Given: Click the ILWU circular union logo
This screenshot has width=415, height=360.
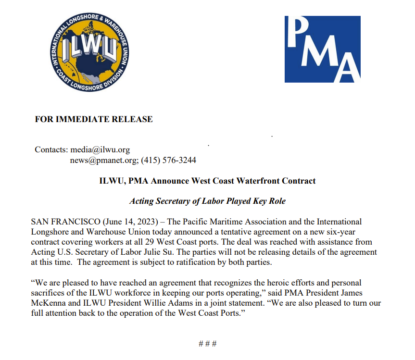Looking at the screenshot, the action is coord(88,50).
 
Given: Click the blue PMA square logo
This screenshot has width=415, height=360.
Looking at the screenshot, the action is coord(322,50).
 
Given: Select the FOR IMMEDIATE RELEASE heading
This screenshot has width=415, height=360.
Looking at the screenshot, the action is coord(94,119).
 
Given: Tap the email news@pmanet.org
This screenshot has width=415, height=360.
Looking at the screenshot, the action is coord(103,160).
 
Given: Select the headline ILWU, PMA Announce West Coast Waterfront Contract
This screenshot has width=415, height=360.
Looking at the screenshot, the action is coord(207,181).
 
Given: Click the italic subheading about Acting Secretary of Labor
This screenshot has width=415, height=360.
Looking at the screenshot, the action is coord(207,201).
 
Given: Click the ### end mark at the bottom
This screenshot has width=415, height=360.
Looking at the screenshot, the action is coord(207,344).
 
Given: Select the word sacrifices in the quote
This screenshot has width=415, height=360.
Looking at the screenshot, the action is coord(48,293).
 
